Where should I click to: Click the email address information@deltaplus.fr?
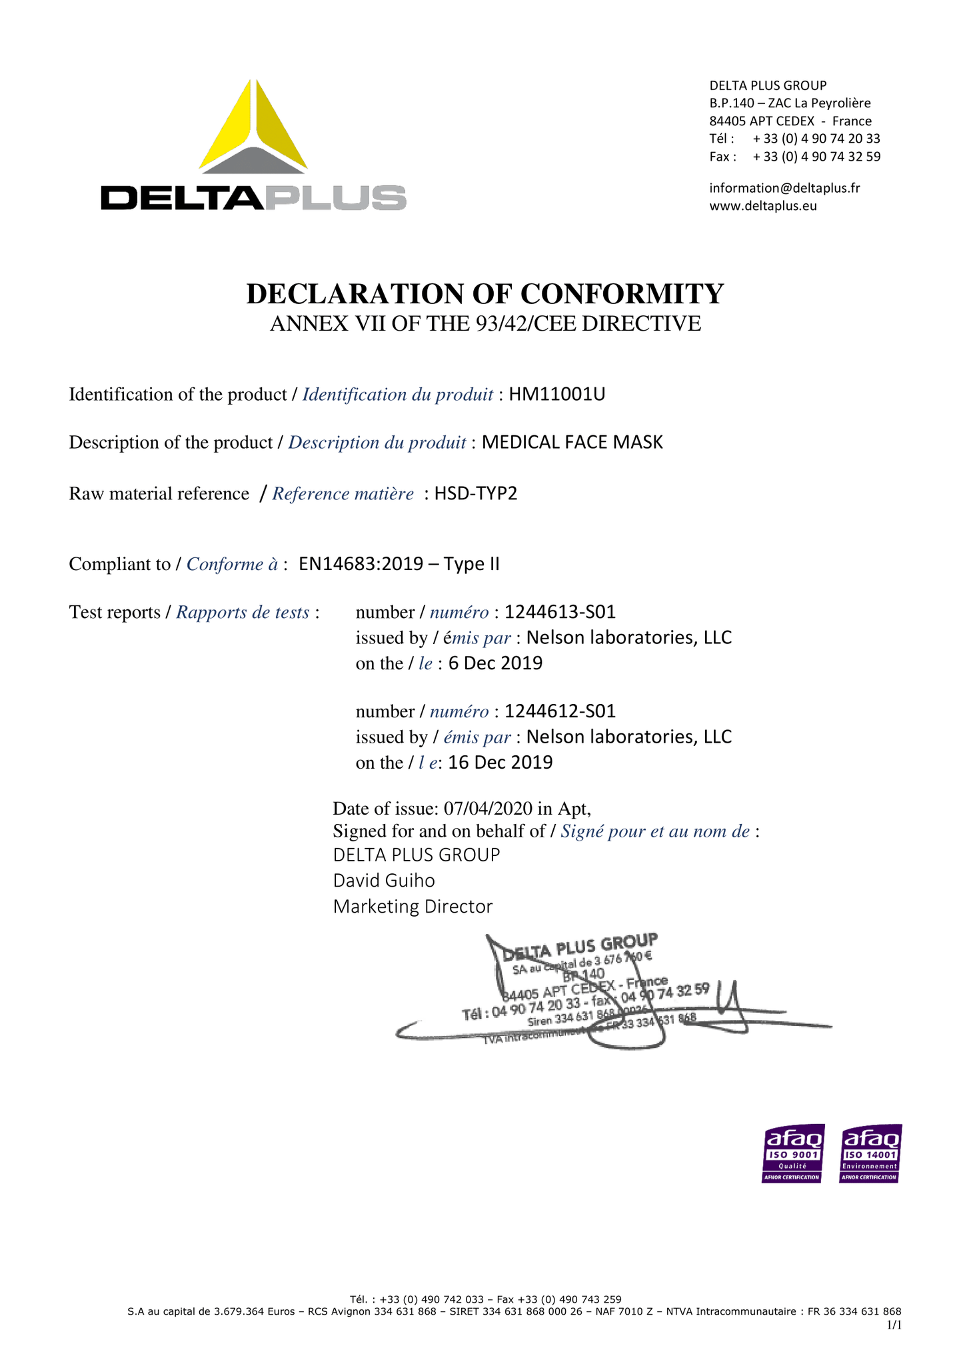click(x=784, y=188)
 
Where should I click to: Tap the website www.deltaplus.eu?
click(x=762, y=206)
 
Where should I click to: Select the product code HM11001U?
click(x=556, y=395)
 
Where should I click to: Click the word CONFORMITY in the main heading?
click(x=622, y=294)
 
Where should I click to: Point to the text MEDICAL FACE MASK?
click(x=572, y=443)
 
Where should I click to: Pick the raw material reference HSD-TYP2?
click(x=475, y=494)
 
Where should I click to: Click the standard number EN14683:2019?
click(x=361, y=565)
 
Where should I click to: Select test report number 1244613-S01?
click(x=560, y=612)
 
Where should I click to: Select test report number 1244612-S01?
click(x=560, y=711)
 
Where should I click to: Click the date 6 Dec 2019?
click(x=495, y=664)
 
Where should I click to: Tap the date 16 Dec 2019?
click(x=500, y=763)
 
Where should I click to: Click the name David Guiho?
click(x=384, y=881)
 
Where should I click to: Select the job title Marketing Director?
click(x=413, y=907)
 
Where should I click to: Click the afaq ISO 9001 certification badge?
click(x=792, y=1153)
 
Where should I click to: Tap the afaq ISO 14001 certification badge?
click(x=870, y=1153)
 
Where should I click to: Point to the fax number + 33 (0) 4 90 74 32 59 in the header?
click(x=816, y=157)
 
